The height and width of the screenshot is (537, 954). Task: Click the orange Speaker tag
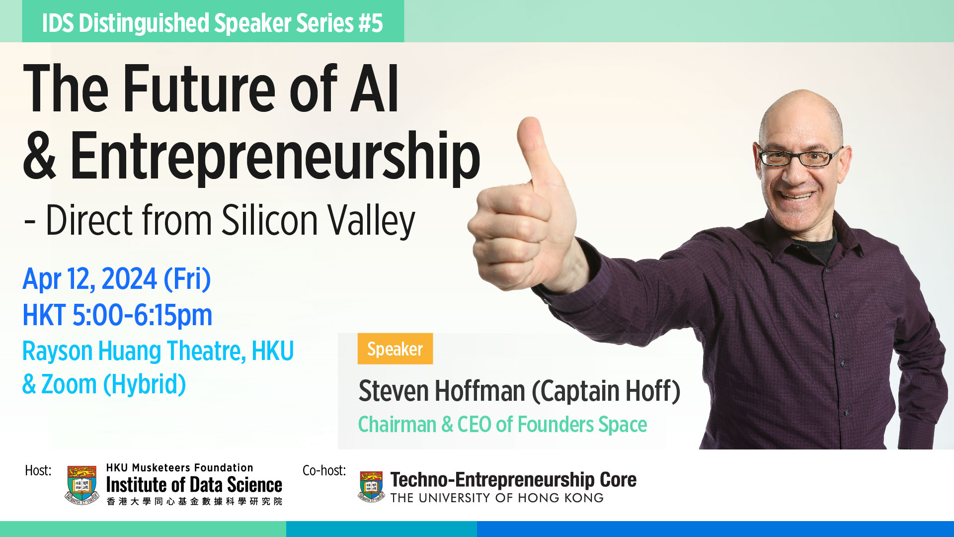395,349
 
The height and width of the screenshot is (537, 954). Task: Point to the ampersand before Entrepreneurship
39,155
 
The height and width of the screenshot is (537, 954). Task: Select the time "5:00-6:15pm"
142,315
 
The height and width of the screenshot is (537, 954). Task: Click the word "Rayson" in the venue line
58,352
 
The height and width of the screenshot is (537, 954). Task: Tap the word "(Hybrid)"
145,384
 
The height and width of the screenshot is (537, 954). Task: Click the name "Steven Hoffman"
442,391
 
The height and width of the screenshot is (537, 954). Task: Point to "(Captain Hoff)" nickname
606,391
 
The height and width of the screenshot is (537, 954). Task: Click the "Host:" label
38,470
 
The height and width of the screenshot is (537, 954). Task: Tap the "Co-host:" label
324,470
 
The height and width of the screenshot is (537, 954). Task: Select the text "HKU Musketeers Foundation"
180,468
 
